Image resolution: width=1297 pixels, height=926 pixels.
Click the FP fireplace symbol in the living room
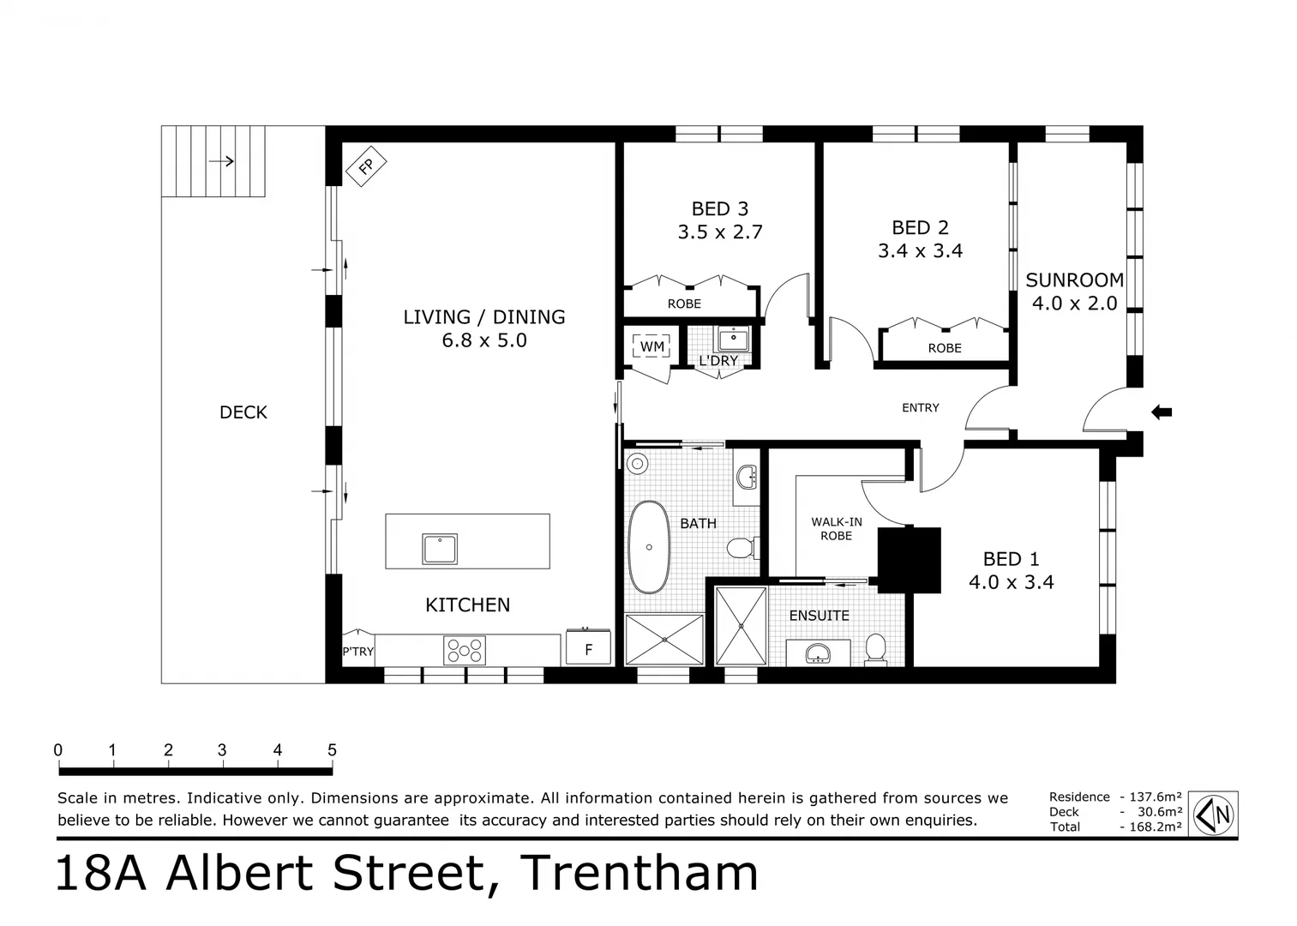[x=366, y=166]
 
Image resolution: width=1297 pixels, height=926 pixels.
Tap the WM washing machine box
[x=652, y=346]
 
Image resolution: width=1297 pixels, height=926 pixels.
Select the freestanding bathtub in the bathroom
[x=649, y=547]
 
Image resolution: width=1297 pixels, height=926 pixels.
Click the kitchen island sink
[x=440, y=548]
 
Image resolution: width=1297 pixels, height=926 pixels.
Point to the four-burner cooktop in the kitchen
[x=464, y=650]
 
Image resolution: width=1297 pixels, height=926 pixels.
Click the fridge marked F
[x=588, y=649]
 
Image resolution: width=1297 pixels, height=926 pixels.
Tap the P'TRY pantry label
[x=357, y=652]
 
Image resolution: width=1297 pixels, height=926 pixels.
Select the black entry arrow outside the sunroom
[x=1161, y=412]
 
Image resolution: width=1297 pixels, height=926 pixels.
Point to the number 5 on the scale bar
[x=332, y=750]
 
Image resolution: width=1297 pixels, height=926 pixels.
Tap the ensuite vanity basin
[x=819, y=653]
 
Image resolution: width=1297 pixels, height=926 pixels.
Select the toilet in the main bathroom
[x=740, y=546]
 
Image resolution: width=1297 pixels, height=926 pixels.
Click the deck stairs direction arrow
[x=221, y=160]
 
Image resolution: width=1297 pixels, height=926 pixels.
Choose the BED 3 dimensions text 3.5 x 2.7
[x=719, y=231]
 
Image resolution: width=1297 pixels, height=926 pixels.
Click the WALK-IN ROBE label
[x=836, y=528]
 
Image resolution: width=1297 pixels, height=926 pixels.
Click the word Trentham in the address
[x=639, y=873]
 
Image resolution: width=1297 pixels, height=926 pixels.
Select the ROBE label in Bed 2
[x=944, y=348]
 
